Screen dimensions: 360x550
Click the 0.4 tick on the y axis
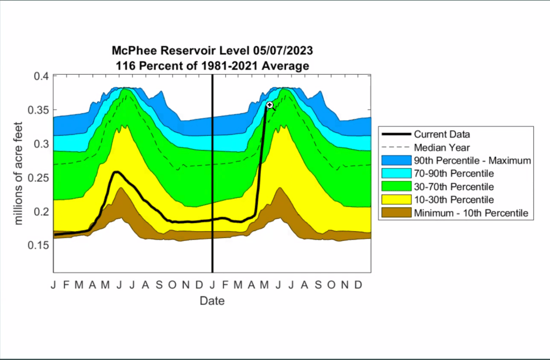(x=41, y=76)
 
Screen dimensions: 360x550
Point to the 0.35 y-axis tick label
(x=39, y=111)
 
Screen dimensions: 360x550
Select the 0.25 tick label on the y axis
(x=39, y=178)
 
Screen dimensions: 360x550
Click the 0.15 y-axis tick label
(x=39, y=245)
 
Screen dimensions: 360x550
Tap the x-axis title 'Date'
(x=212, y=301)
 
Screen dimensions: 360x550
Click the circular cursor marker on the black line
(x=270, y=105)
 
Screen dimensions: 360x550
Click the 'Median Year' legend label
(x=442, y=147)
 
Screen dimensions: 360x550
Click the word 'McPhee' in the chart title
(x=131, y=51)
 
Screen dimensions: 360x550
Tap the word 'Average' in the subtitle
(x=287, y=66)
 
